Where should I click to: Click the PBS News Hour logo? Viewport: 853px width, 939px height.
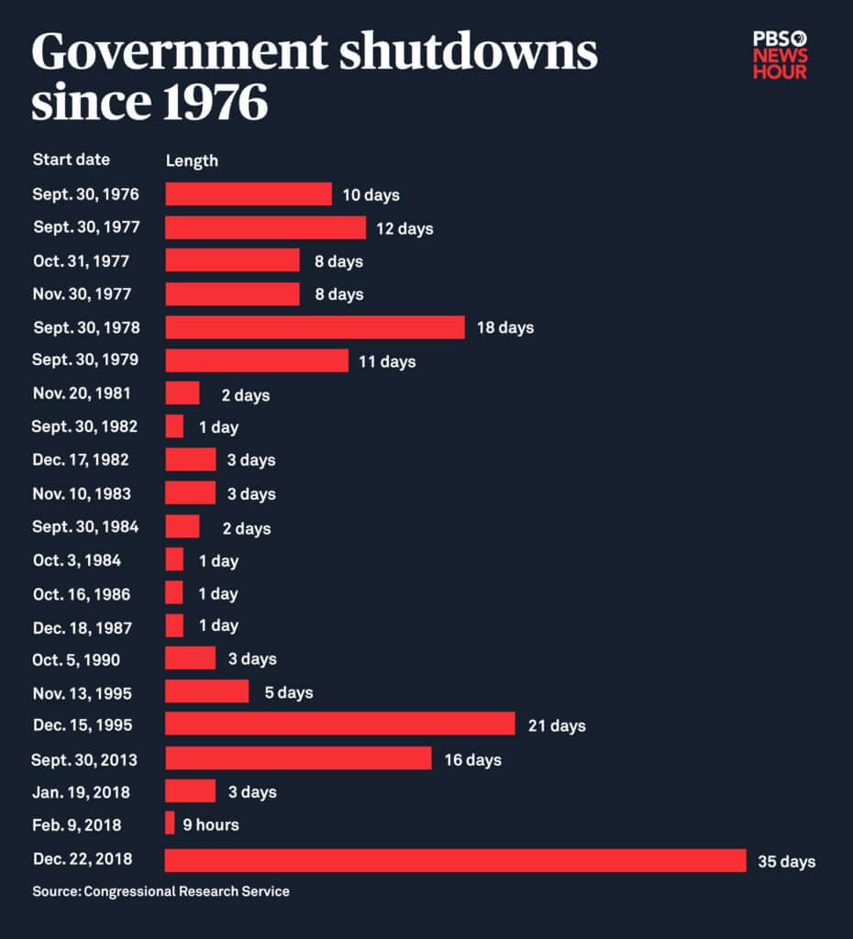click(x=780, y=55)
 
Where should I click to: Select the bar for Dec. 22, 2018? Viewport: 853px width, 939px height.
click(x=455, y=860)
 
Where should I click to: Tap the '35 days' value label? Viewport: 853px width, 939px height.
click(x=786, y=861)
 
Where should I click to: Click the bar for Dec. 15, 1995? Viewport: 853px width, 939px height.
click(x=339, y=724)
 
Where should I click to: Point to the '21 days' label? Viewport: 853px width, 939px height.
click(x=557, y=725)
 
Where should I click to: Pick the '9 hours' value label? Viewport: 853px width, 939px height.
click(x=211, y=824)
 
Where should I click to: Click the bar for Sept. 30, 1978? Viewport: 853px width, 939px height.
click(x=315, y=327)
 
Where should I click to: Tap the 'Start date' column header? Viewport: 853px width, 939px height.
click(x=71, y=160)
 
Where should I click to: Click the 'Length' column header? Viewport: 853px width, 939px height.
click(x=192, y=160)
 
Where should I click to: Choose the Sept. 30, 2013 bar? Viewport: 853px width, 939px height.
click(x=298, y=758)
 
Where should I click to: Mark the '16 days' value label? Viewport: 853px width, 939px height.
click(x=472, y=759)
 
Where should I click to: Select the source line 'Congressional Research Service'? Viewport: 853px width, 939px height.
click(x=186, y=891)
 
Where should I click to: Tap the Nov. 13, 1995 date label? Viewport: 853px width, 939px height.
click(x=82, y=691)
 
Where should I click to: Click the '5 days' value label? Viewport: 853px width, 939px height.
click(x=289, y=692)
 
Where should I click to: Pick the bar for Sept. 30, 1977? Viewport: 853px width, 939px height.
click(x=265, y=227)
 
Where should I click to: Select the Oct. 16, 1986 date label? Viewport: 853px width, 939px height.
click(x=81, y=593)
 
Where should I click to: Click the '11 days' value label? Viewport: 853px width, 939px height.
click(x=387, y=361)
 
